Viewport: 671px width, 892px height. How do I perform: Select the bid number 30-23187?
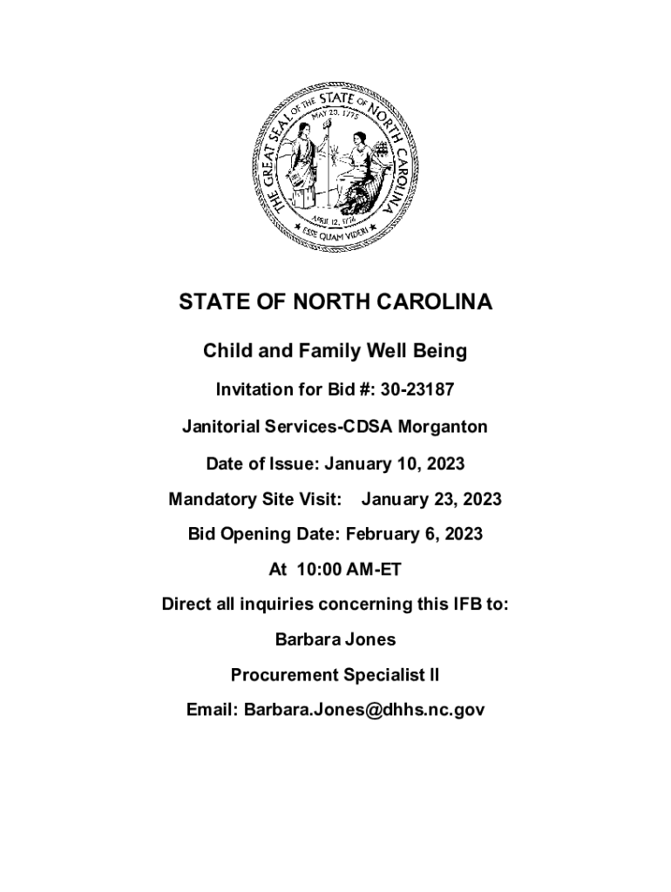[417, 389]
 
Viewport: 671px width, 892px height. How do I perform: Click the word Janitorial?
[221, 427]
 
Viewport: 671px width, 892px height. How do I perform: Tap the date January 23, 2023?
[431, 500]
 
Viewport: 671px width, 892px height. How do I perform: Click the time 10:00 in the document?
[320, 570]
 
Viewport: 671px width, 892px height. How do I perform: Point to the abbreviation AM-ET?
[374, 570]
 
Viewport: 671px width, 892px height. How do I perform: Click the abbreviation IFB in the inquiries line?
[467, 604]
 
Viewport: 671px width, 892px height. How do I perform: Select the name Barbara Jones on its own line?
[335, 639]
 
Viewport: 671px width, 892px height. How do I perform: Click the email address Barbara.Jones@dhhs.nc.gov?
[363, 710]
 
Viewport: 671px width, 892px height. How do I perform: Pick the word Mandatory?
[211, 500]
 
